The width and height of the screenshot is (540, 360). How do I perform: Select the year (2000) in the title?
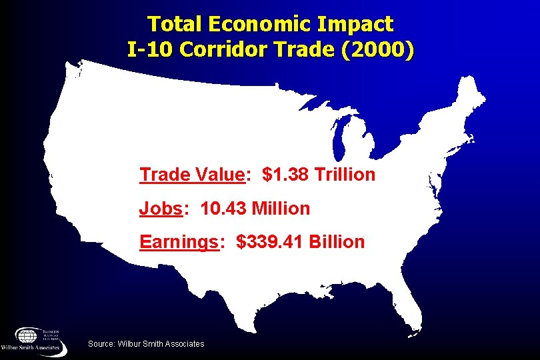(379, 50)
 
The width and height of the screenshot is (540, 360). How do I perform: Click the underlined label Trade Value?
(192, 175)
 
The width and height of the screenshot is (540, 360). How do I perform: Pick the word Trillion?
(345, 175)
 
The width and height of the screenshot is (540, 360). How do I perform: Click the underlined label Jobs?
(160, 209)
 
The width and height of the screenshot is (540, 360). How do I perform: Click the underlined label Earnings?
(179, 242)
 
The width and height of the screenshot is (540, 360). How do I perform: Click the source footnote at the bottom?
(146, 343)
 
